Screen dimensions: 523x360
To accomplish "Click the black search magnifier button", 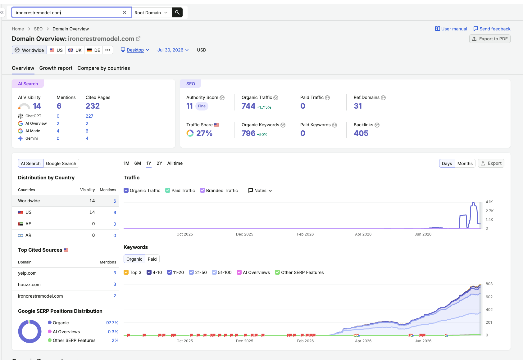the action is [177, 12].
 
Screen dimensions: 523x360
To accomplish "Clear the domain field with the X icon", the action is [125, 12].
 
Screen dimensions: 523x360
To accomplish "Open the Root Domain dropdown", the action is [151, 13].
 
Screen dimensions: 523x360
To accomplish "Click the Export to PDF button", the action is [489, 39].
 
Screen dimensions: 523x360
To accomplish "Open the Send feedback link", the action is [492, 29].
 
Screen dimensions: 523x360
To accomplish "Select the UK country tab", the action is [75, 50].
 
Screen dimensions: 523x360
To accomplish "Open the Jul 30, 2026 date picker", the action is [173, 50].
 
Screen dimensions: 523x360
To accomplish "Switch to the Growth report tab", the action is [56, 68].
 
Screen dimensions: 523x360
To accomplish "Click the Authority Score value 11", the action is [189, 106].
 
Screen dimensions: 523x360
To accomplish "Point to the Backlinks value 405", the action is [361, 133].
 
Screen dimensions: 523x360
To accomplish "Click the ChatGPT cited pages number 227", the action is [89, 116].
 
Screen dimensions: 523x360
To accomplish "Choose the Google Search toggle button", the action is [61, 163].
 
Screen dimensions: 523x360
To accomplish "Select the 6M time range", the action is [138, 163].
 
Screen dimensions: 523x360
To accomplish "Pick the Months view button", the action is [465, 163].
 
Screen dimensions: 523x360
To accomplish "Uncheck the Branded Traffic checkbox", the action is [202, 190].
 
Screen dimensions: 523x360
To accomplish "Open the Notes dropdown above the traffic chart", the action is [260, 190].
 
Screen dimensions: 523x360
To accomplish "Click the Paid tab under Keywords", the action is [152, 259].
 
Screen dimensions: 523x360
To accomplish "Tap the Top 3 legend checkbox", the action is [126, 272].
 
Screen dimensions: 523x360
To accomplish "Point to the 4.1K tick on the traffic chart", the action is [489, 202].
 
